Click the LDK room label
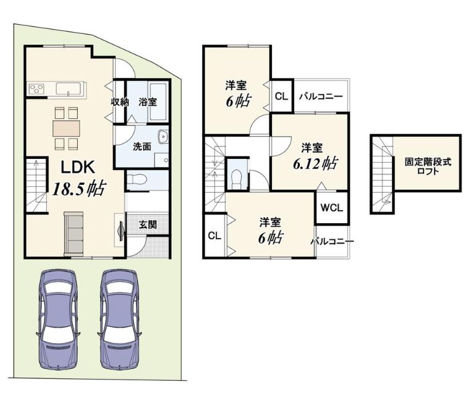pyautogui.click(x=78, y=168)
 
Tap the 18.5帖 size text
pyautogui.click(x=78, y=189)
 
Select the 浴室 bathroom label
pyautogui.click(x=148, y=102)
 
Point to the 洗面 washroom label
pyautogui.click(x=142, y=147)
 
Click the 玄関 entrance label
pyautogui.click(x=148, y=224)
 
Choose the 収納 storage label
pyautogui.click(x=120, y=102)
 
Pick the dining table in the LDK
pyautogui.click(x=66, y=128)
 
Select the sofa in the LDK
pyautogui.click(x=74, y=234)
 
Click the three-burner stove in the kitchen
pyautogui.click(x=36, y=89)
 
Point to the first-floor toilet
pyautogui.click(x=137, y=180)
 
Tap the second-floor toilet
pyautogui.click(x=237, y=177)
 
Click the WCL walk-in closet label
pyautogui.click(x=332, y=208)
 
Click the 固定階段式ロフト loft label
pyautogui.click(x=428, y=167)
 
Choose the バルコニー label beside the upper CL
pyautogui.click(x=321, y=96)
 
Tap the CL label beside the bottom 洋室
pyautogui.click(x=214, y=236)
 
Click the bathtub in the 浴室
pyautogui.click(x=158, y=102)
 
